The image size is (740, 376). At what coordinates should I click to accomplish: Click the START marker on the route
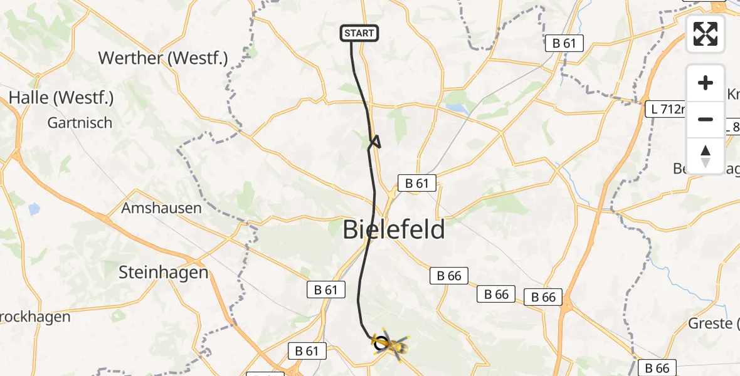pos(359,33)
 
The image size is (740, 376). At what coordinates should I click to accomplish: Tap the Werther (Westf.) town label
pos(163,58)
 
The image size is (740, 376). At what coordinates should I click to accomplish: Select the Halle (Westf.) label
pos(61,98)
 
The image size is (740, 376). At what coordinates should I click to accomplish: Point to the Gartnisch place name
pos(80,123)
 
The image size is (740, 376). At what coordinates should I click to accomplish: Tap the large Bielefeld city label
pos(394,230)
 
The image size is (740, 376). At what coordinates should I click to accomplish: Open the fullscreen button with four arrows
pos(706,34)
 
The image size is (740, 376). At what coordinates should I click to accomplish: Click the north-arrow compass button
pos(706,155)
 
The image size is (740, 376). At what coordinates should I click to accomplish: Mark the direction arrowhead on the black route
pos(375,142)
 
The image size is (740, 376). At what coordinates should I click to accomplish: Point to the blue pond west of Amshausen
pos(34,209)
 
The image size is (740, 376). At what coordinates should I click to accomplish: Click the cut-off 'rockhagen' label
pos(34,317)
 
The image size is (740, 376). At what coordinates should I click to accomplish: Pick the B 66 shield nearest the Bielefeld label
pos(448,276)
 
